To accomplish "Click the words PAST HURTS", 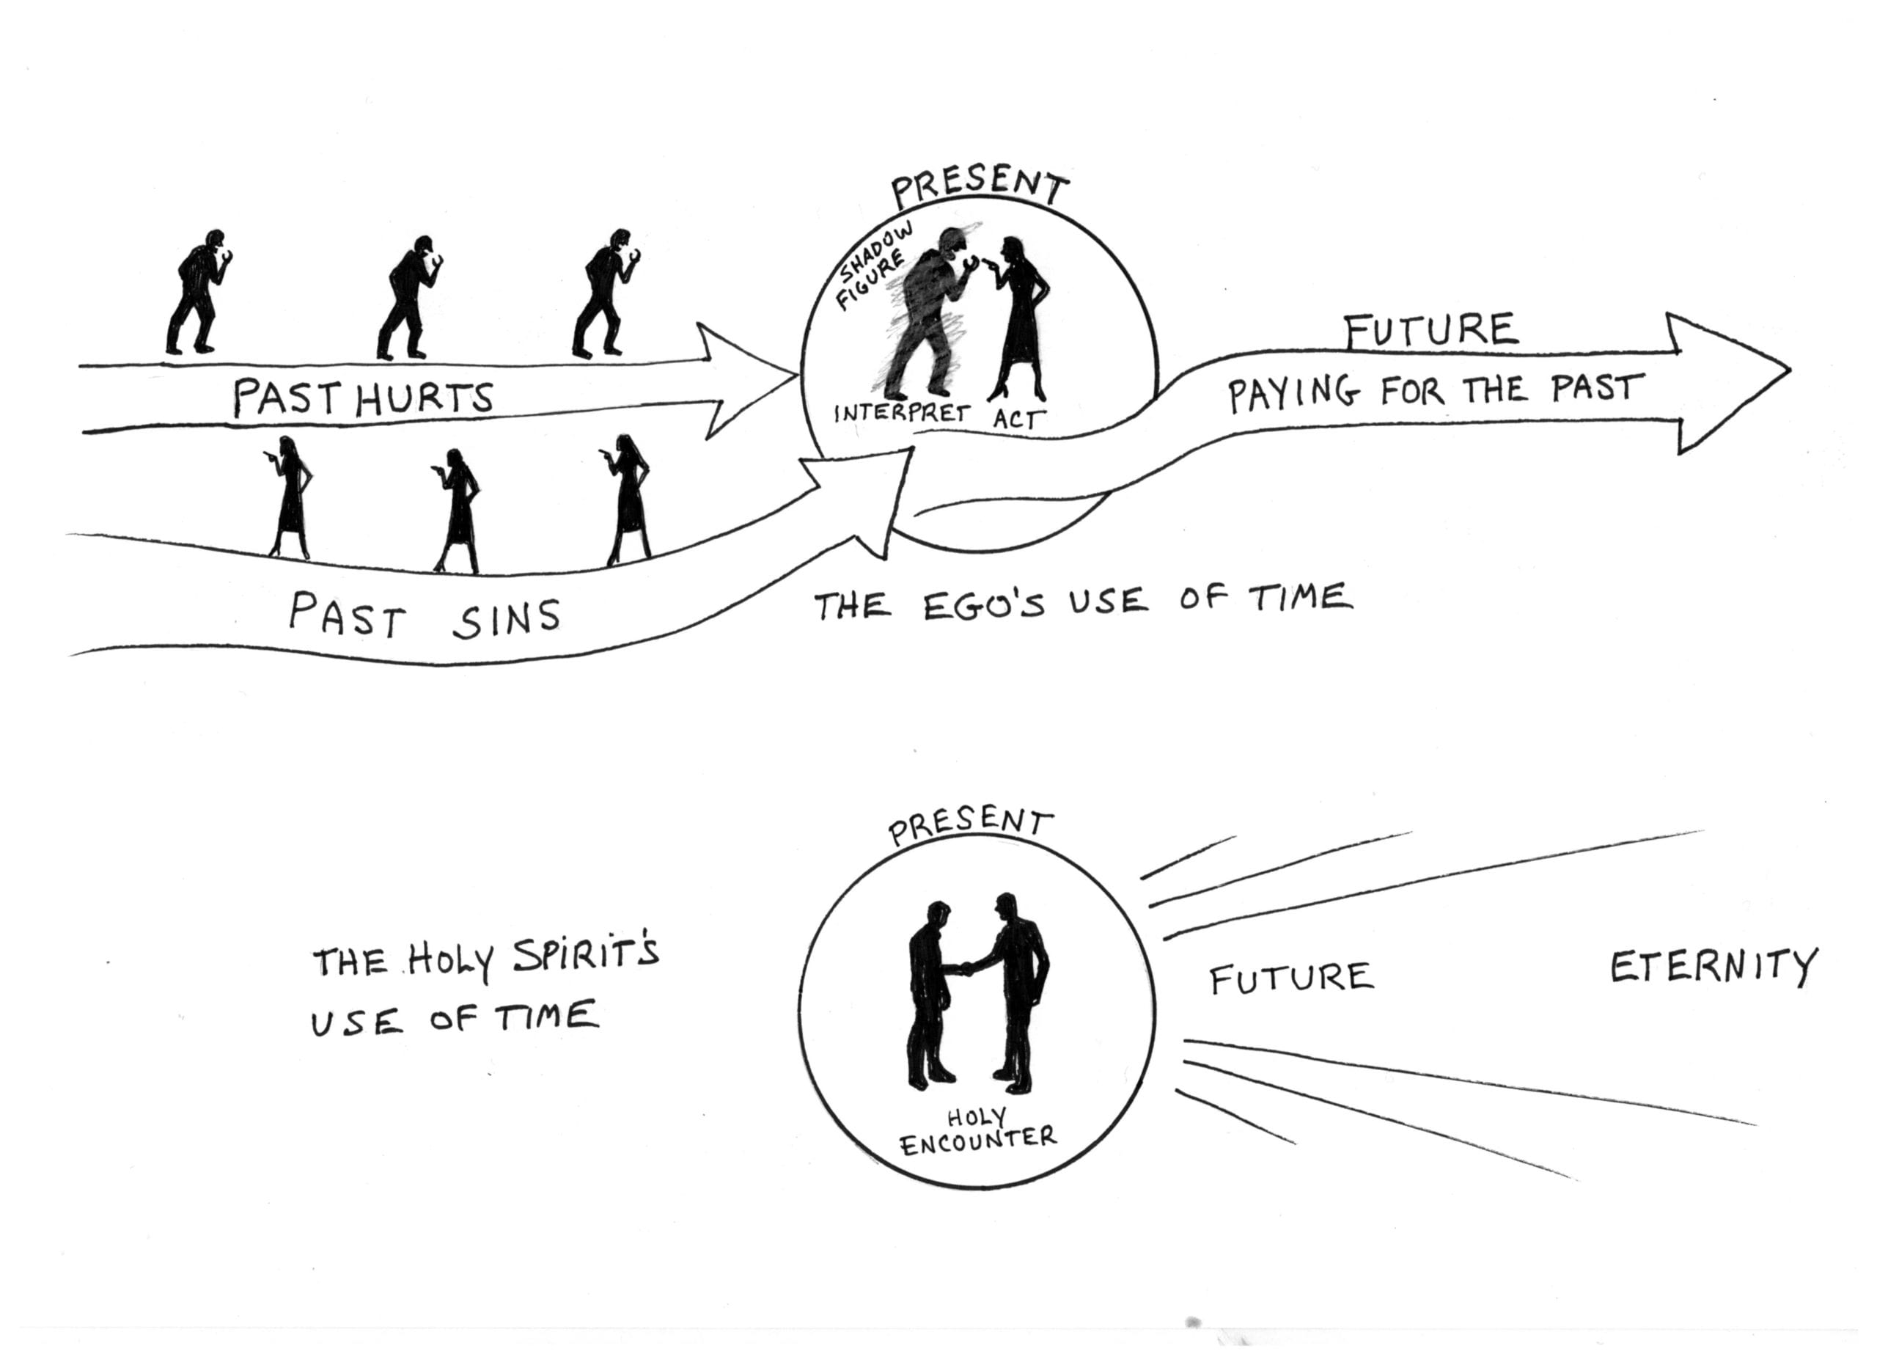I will tap(362, 398).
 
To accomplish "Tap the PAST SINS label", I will tap(424, 616).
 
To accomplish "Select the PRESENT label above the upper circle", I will tap(979, 187).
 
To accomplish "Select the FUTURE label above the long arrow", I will tap(1431, 329).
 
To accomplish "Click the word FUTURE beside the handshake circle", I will tap(1291, 978).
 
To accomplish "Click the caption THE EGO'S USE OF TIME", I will tap(1082, 600).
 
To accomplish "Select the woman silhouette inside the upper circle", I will tap(1020, 318).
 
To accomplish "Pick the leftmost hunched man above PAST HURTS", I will tap(196, 291).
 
